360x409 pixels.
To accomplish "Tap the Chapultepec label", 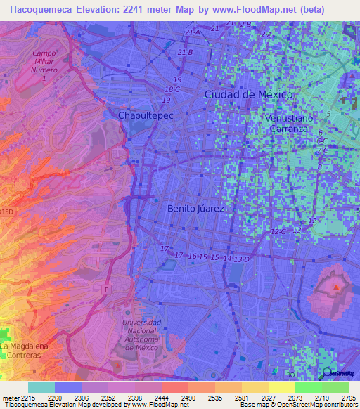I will tap(145, 115).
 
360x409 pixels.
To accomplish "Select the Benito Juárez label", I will tap(195, 209).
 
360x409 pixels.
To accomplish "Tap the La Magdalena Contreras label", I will tap(22, 351).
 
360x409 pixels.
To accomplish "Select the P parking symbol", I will tap(106, 289).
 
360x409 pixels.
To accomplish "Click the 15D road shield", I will tap(6, 211).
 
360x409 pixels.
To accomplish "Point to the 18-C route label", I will tap(172, 89).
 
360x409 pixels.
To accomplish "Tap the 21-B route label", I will tap(186, 52).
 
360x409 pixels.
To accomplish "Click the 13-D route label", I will tap(242, 259).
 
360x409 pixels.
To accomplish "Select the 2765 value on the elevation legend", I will tap(349, 398).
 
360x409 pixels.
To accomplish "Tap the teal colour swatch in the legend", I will tap(41, 387).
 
